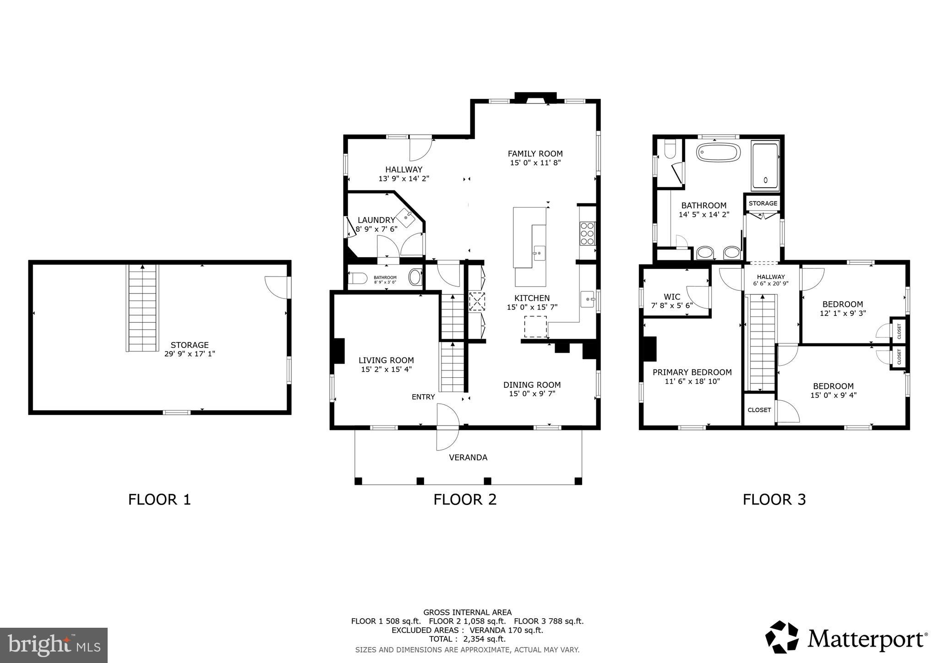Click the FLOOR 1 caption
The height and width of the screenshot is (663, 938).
point(159,499)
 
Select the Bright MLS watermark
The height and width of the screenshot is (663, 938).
point(54,645)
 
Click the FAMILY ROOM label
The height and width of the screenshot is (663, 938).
point(535,154)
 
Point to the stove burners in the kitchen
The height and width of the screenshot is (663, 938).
point(587,234)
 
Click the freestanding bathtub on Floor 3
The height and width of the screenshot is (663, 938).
point(718,152)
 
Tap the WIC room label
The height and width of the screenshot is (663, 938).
point(672,297)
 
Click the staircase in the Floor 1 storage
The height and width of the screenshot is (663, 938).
point(142,308)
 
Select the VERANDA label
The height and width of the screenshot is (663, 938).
point(468,457)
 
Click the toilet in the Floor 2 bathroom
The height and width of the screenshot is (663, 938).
point(358,278)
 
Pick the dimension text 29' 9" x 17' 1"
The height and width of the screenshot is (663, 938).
point(190,353)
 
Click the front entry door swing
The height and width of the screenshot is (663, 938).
point(447,427)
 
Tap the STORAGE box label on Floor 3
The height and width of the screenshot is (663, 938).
point(763,203)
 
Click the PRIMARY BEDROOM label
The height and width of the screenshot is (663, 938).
point(692,372)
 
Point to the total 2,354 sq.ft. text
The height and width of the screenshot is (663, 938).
point(467,639)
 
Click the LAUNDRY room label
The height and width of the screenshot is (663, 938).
point(376,220)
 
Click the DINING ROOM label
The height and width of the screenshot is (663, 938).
point(532,385)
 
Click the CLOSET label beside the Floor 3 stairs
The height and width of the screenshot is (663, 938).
point(759,410)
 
